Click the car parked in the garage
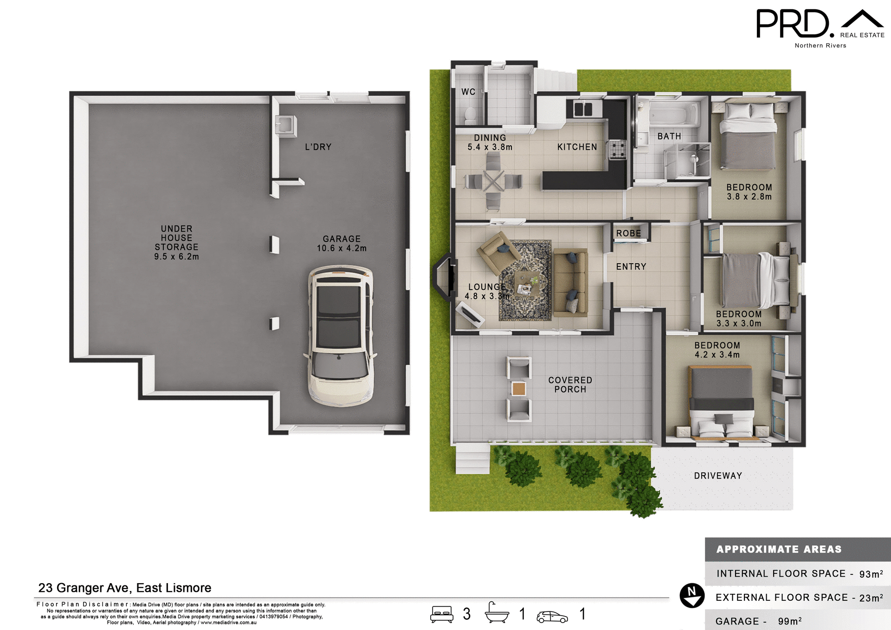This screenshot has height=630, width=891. (341, 335)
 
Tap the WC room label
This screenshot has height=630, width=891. (468, 92)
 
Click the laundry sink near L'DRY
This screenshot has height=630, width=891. (285, 125)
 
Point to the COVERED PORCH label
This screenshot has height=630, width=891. (570, 385)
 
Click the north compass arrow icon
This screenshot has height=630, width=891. (692, 596)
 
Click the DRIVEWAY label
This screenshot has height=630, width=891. (718, 476)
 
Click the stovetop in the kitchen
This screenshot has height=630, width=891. (617, 149)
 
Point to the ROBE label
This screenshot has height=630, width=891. (628, 234)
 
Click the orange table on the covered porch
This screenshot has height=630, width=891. (518, 389)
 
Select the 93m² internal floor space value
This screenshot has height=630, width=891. (871, 574)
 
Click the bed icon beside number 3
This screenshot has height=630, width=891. (441, 614)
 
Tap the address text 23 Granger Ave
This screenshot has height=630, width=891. (124, 588)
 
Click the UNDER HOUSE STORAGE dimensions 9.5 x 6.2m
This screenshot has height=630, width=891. (176, 257)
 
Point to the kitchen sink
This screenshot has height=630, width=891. (583, 109)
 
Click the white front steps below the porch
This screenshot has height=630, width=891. (472, 459)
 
